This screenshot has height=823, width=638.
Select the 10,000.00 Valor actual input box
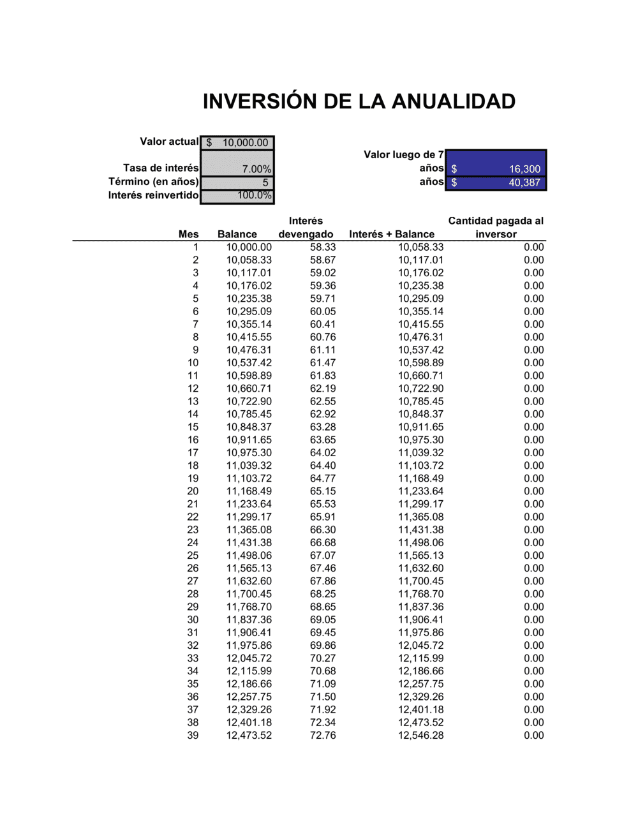(237, 143)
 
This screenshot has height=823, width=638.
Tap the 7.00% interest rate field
(237, 168)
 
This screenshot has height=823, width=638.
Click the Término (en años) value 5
(237, 182)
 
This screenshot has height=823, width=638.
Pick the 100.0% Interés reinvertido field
(237, 196)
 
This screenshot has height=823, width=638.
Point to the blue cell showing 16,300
(496, 169)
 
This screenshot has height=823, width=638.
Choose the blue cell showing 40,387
(496, 182)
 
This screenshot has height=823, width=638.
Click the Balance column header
(237, 234)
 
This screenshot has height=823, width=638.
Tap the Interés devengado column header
(306, 228)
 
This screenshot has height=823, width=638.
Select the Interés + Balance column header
(392, 234)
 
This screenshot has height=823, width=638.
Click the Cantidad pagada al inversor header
(496, 228)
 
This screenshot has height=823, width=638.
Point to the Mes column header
(188, 234)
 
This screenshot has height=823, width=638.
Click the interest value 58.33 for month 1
(323, 247)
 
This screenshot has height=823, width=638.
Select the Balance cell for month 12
(249, 389)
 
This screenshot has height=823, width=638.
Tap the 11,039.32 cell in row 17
(421, 452)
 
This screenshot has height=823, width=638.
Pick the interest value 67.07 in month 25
(323, 556)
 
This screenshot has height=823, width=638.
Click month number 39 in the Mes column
(193, 736)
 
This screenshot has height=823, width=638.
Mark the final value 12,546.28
(421, 736)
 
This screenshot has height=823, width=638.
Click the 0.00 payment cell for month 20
(534, 491)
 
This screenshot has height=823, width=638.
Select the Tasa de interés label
(161, 168)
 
